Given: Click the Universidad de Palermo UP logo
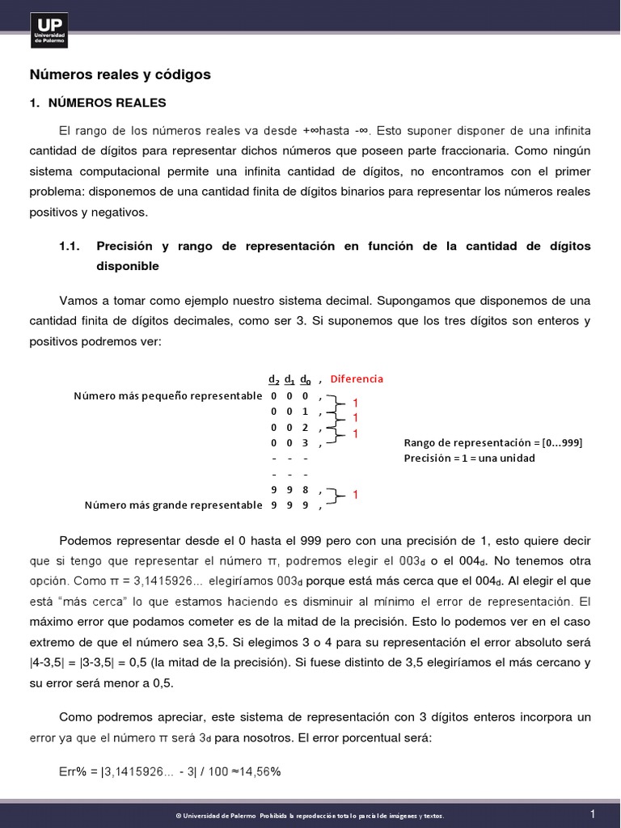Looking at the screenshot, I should pyautogui.click(x=49, y=31).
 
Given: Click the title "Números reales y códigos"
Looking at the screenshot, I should pyautogui.click(x=120, y=74).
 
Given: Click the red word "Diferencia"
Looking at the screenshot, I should pyautogui.click(x=356, y=378).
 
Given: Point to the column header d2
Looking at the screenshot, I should pyautogui.click(x=273, y=379).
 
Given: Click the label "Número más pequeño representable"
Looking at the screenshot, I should pyautogui.click(x=167, y=395).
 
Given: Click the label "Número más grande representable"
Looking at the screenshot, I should pyautogui.click(x=173, y=505).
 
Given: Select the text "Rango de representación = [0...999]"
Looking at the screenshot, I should pyautogui.click(x=492, y=442).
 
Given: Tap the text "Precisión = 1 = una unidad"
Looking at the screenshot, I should pyautogui.click(x=469, y=458).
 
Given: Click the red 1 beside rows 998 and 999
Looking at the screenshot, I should pyautogui.click(x=355, y=494).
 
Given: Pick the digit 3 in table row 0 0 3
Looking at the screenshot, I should pyautogui.click(x=305, y=442).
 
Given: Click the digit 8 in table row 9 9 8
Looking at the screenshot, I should pyautogui.click(x=305, y=489).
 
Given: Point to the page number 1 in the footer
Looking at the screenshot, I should pyautogui.click(x=592, y=813).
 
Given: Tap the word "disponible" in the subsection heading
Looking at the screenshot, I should pyautogui.click(x=128, y=266).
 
